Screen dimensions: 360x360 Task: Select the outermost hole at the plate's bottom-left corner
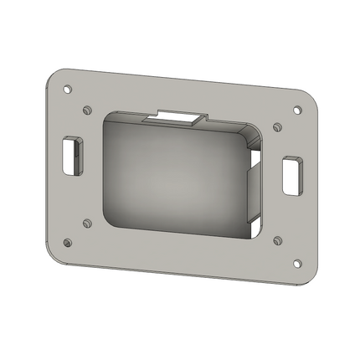click(68, 244)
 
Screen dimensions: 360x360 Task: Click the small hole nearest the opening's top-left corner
click(88, 109)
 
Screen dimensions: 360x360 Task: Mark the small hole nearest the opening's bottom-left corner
click(87, 223)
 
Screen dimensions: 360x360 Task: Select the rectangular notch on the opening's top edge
click(178, 117)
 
